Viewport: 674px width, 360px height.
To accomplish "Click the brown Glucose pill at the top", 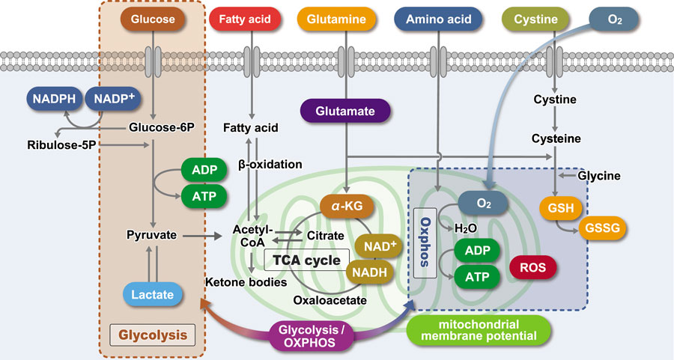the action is pos(153,19).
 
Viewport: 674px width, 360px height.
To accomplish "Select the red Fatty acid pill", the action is pos(245,19).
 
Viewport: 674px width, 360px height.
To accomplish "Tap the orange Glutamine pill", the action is pos(336,19).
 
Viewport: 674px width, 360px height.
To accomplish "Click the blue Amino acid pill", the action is pos(438,19).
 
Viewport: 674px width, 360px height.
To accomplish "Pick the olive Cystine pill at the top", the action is pos(535,19).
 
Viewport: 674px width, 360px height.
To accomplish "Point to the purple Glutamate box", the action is pos(345,111).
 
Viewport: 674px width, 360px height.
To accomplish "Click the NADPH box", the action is pos(54,99).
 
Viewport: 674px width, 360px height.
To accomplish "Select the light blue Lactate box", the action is pos(153,294).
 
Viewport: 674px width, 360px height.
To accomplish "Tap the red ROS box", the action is pos(533,267).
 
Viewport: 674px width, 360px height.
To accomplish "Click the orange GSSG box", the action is pos(602,228).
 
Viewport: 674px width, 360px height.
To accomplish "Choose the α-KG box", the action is pos(347,207).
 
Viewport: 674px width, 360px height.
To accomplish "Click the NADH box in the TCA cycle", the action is pos(369,272).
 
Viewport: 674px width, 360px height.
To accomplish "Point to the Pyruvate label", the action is pos(151,235).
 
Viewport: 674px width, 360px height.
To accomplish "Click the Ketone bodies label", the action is pos(246,282).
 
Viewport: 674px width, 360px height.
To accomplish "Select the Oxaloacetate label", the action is pos(330,300).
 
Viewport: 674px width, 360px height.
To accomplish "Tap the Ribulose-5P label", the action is pos(61,144).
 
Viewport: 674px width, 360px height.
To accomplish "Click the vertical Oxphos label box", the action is pos(425,242).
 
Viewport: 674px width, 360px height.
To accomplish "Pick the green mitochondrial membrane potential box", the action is pos(479,330).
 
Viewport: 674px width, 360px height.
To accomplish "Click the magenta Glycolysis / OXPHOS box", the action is pos(309,336).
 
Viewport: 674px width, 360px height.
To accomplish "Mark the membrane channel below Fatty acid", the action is pos(252,62).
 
